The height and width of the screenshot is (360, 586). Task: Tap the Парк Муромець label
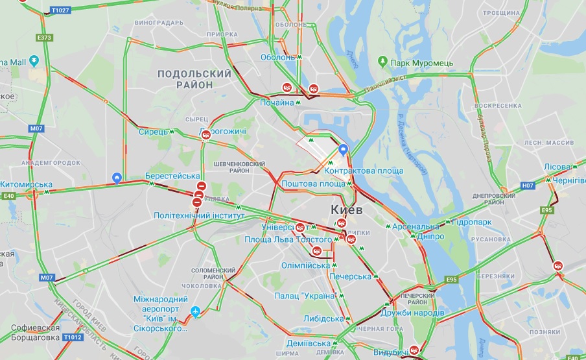pos(422,63)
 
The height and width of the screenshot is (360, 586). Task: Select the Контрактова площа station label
pos(364,171)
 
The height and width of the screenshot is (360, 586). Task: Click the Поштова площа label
pos(313,184)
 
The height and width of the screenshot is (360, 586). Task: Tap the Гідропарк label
pos(473,222)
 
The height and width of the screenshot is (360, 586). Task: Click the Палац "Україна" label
pos(305,296)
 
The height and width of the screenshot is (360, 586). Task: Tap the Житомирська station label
pos(25,184)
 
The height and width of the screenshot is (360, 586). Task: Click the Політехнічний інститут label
pos(198,215)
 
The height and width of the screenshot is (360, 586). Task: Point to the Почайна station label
pos(276,102)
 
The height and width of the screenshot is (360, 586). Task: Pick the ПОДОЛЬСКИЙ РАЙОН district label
pos(194,79)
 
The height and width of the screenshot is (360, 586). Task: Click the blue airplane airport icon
pos(195,313)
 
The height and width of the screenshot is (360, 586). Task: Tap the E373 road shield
pos(44,38)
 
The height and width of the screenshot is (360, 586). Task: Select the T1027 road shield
pos(60,10)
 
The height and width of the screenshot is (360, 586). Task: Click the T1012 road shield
pos(73,337)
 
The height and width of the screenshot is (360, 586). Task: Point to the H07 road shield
pos(528,186)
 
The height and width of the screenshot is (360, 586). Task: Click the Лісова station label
pos(557,167)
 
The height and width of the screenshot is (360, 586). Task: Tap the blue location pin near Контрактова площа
pos(344,150)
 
